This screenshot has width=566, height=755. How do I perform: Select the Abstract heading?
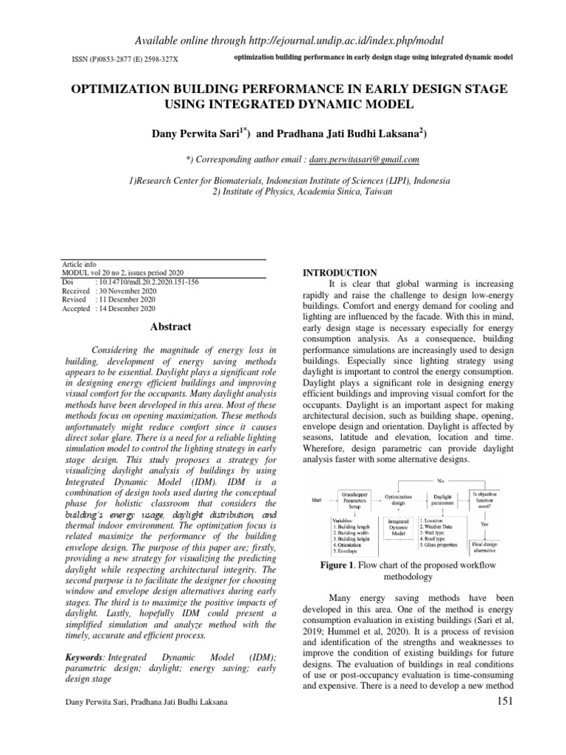171,327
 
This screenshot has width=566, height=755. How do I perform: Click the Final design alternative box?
485,546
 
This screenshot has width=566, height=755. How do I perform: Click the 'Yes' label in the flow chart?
484,523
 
